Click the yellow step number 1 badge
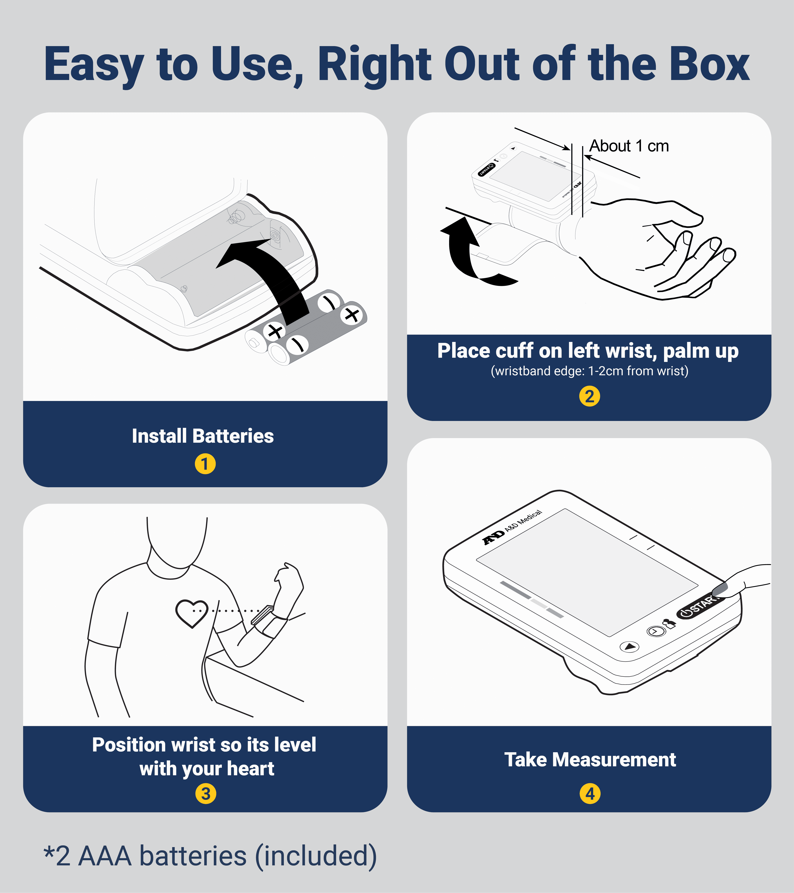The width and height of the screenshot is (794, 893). pos(205,464)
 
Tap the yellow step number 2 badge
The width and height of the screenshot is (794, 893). pos(590,396)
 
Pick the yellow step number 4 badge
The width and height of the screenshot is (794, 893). pos(590,794)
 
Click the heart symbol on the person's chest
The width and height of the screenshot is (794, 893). pos(192,613)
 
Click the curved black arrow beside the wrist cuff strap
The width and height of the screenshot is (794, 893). pos(472,253)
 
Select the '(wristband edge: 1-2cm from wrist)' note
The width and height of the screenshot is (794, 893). pos(590,371)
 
